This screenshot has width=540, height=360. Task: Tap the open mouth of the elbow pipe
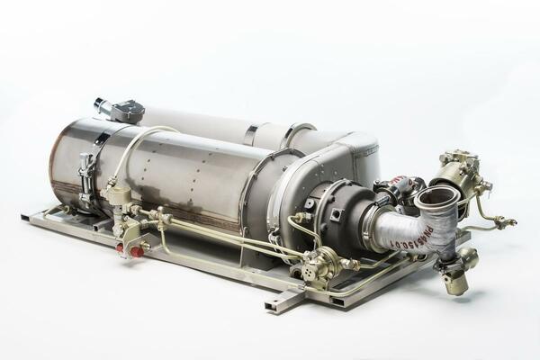point(439,196)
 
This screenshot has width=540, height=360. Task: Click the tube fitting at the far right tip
point(511,221)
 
